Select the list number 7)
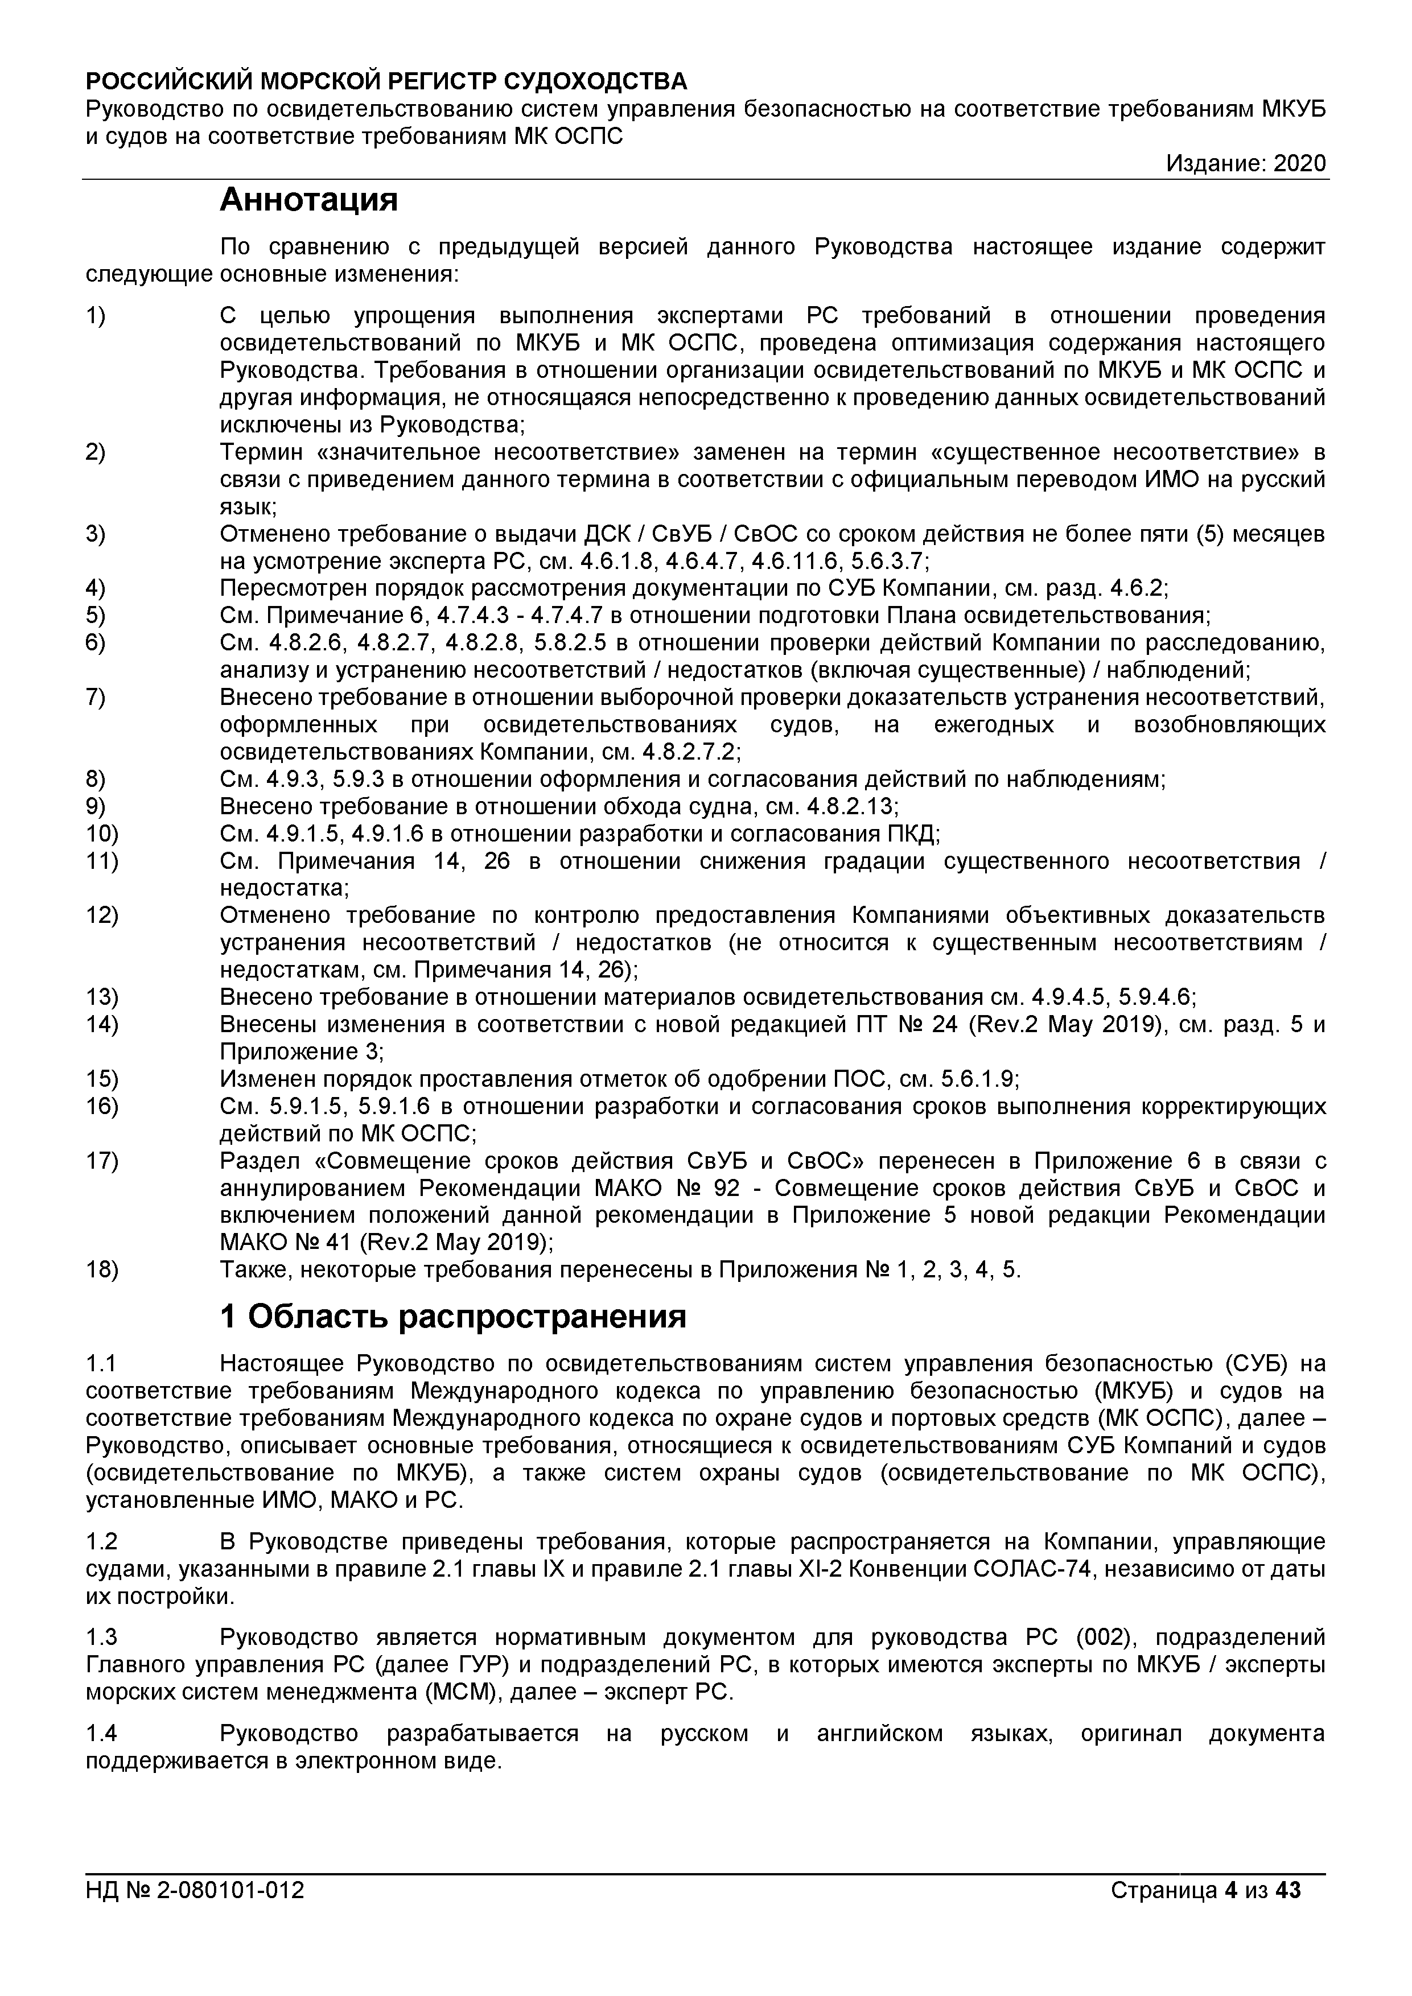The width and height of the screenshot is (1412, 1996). pos(96,697)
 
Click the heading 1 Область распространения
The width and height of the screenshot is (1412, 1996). pos(453,1317)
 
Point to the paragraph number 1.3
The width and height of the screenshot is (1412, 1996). pos(102,1638)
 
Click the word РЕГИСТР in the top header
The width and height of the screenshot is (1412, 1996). pos(442,82)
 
